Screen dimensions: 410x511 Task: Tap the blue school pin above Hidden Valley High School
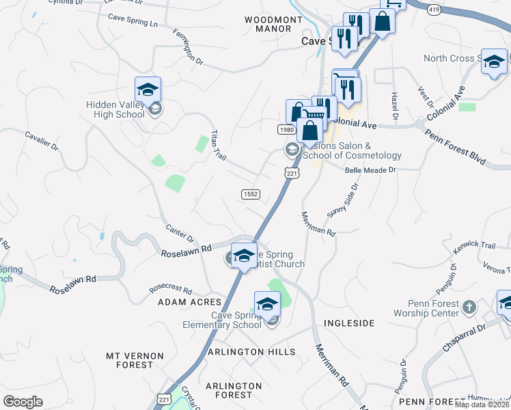coord(148,90)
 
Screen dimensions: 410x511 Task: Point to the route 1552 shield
coord(251,195)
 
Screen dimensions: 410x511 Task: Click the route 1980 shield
coord(286,130)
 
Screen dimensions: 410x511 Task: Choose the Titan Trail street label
coord(219,144)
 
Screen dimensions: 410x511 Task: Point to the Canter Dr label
coord(180,232)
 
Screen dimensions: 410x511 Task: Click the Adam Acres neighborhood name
coord(190,301)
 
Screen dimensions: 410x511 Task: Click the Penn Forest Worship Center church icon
coord(469,307)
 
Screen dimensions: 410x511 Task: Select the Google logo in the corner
coord(23,402)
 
